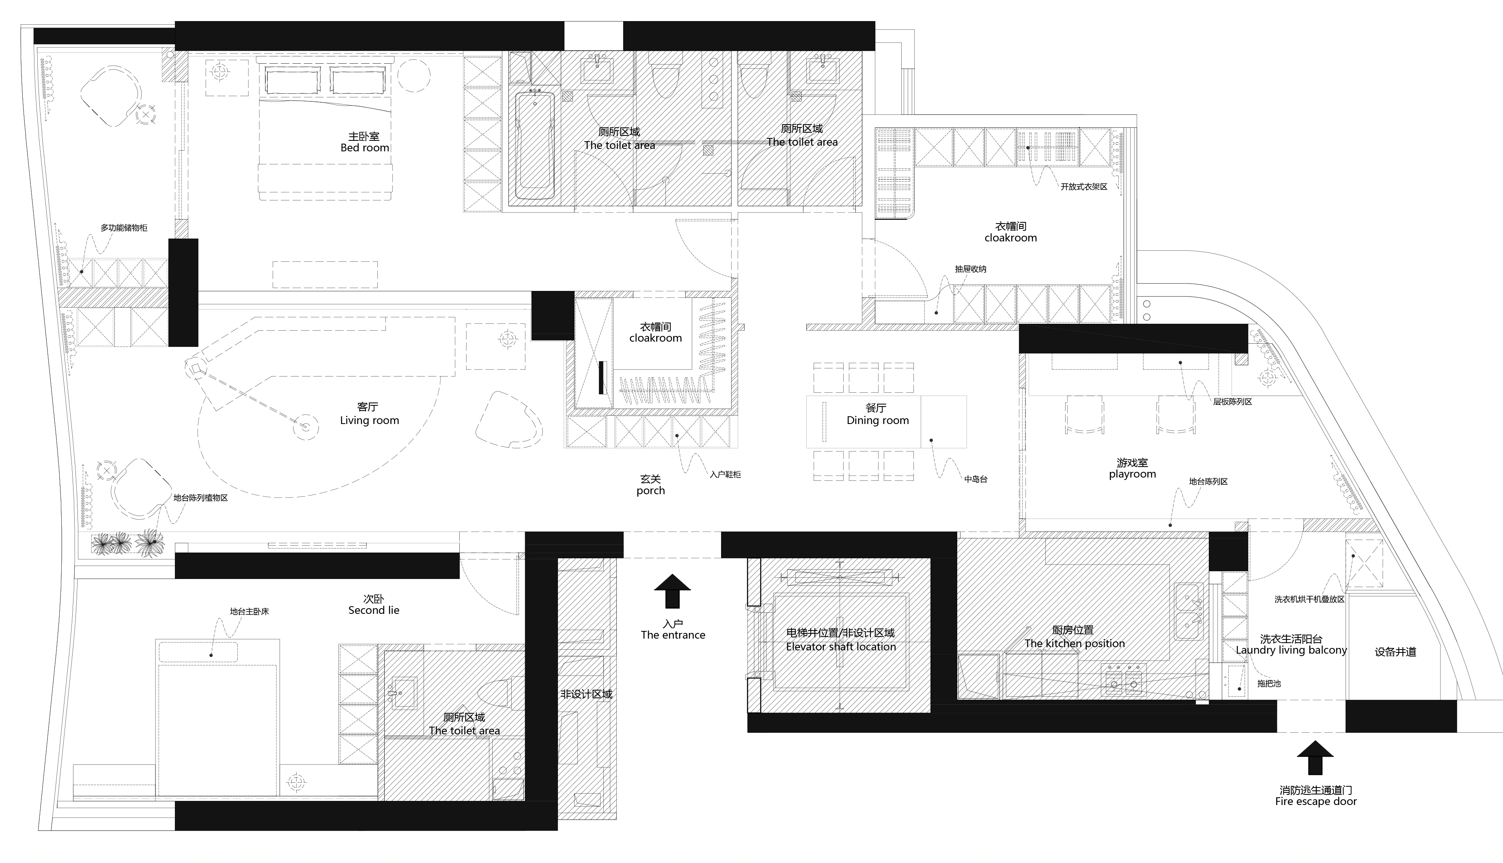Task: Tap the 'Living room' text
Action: [x=369, y=420]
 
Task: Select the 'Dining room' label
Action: [x=877, y=420]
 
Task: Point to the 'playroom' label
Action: [x=1132, y=474]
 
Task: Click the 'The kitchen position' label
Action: [x=1074, y=643]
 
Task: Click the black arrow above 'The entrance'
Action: [x=672, y=591]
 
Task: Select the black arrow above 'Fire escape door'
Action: [x=1315, y=758]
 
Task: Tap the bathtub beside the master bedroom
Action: [x=534, y=146]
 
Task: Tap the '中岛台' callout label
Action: [x=975, y=479]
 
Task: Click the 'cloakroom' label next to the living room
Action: [x=655, y=338]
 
